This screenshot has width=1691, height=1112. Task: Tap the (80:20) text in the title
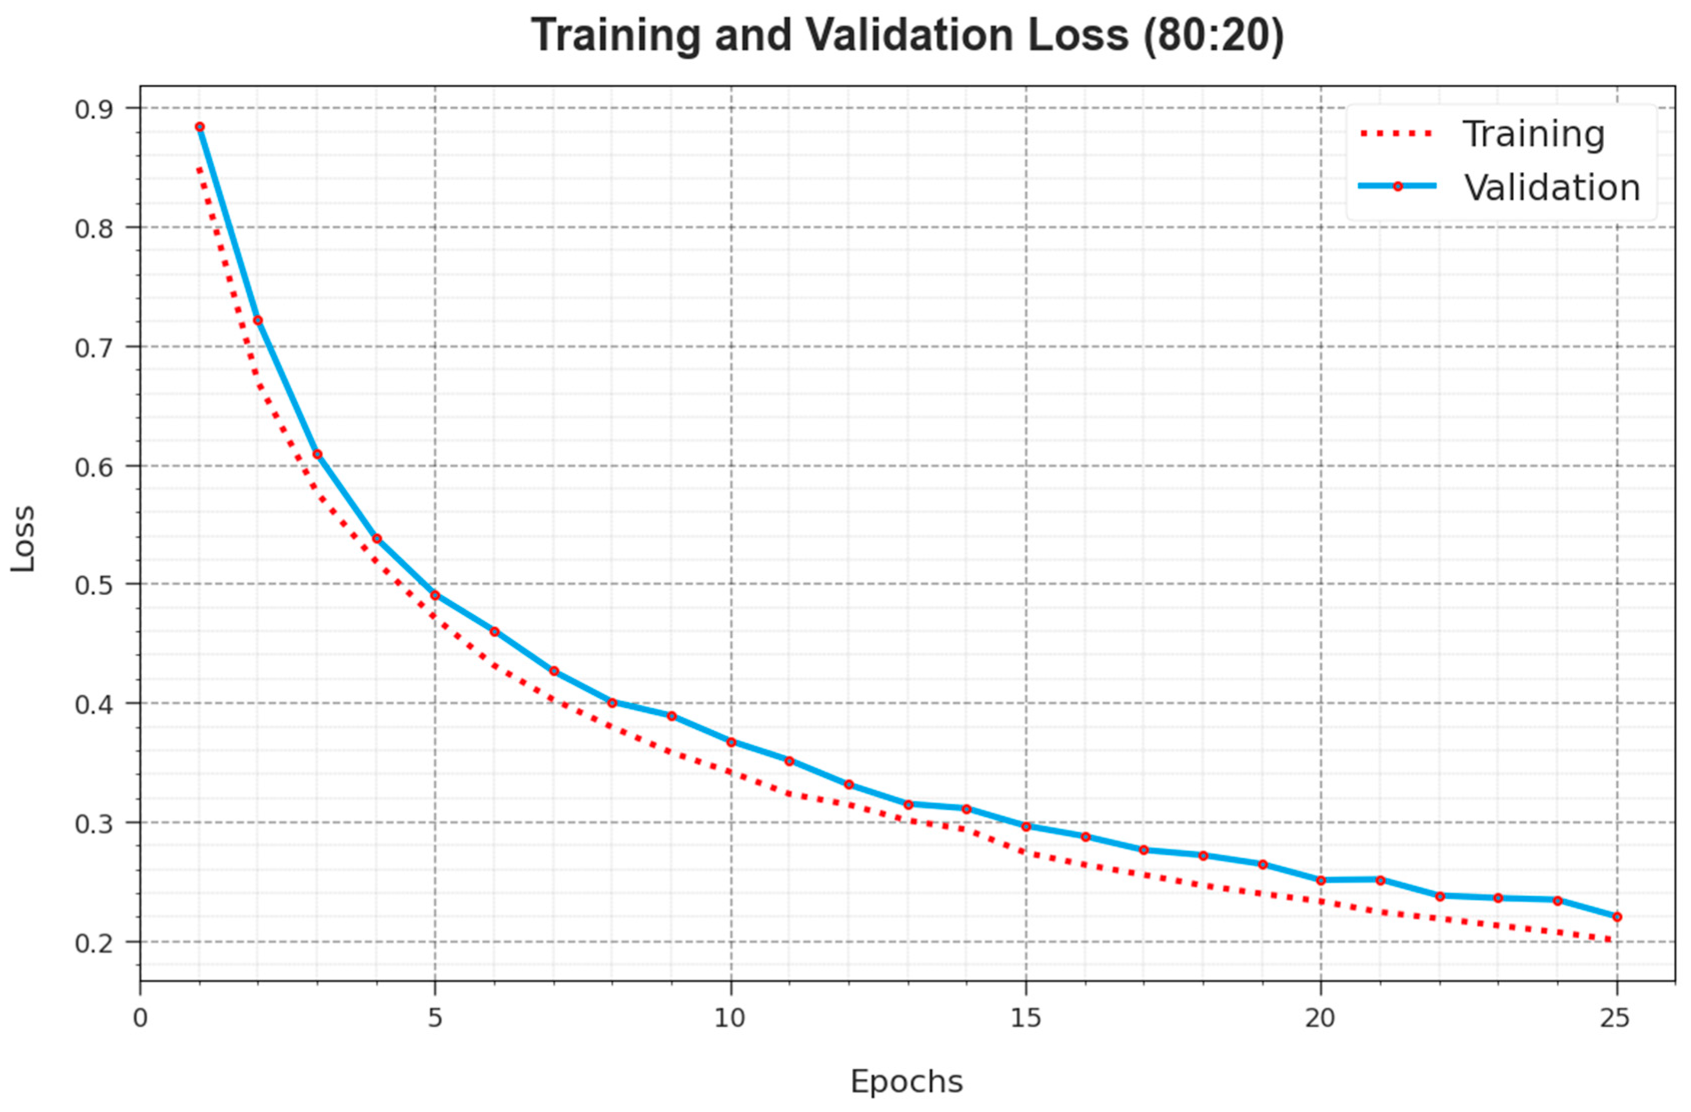(x=1214, y=35)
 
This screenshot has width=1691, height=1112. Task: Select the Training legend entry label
(x=1533, y=134)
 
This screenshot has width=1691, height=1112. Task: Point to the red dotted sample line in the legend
(x=1397, y=133)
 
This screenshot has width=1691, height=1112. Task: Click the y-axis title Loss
(x=23, y=538)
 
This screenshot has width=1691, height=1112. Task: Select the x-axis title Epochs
(x=906, y=1082)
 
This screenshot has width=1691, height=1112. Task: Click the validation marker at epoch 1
(x=200, y=127)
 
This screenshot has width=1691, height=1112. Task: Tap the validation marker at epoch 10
(x=731, y=742)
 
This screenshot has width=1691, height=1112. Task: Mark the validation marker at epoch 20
(x=1321, y=880)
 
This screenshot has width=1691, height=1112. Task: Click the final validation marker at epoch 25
(x=1617, y=917)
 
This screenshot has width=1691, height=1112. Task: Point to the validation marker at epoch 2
(x=258, y=320)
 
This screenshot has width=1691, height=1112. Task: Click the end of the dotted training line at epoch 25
(x=1615, y=940)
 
